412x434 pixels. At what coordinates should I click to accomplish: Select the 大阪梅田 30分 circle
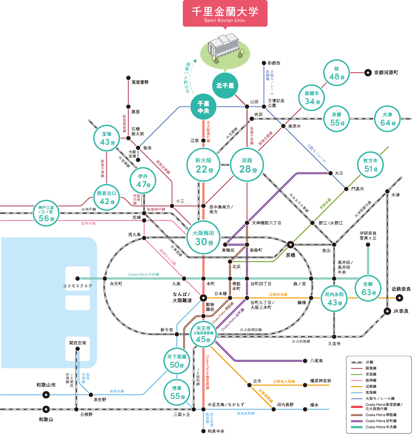pyautogui.click(x=204, y=238)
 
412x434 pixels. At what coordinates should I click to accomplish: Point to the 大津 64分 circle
pyautogui.click(x=387, y=118)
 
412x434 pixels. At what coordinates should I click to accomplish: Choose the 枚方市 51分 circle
pyautogui.click(x=370, y=165)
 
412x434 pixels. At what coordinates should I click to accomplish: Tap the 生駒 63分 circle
pyautogui.click(x=367, y=288)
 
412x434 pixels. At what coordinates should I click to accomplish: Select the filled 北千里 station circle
pyautogui.click(x=225, y=85)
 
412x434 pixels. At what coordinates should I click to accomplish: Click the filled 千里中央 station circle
pyautogui.click(x=203, y=107)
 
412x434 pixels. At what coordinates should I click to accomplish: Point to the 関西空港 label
pyautogui.click(x=77, y=343)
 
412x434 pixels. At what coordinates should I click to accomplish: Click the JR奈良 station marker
pyautogui.click(x=387, y=311)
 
